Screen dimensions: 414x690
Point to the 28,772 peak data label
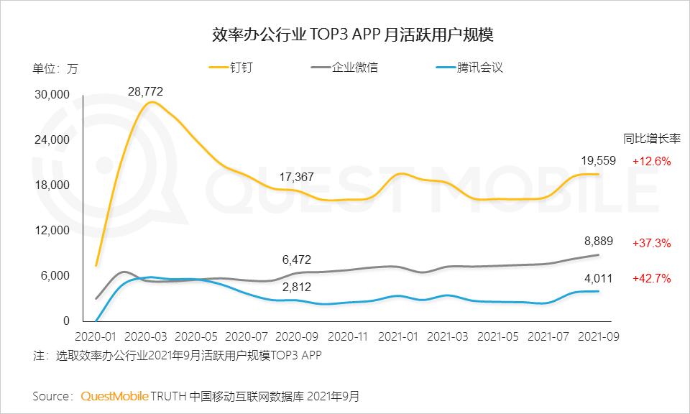tap(145, 91)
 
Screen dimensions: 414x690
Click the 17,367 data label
tap(295, 176)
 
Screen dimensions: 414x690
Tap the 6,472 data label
tap(295, 259)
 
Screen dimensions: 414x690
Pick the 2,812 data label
tap(295, 287)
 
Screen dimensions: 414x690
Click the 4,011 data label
tap(597, 277)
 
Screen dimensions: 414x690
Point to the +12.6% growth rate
tap(651, 161)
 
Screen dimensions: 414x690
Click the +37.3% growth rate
tap(651, 243)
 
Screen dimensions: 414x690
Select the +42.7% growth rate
tap(651, 277)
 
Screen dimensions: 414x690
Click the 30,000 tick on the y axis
tap(51, 94)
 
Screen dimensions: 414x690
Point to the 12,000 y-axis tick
tap(51, 231)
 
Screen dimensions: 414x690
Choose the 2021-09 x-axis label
tap(597, 336)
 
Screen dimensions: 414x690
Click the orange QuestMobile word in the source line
tap(115, 396)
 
